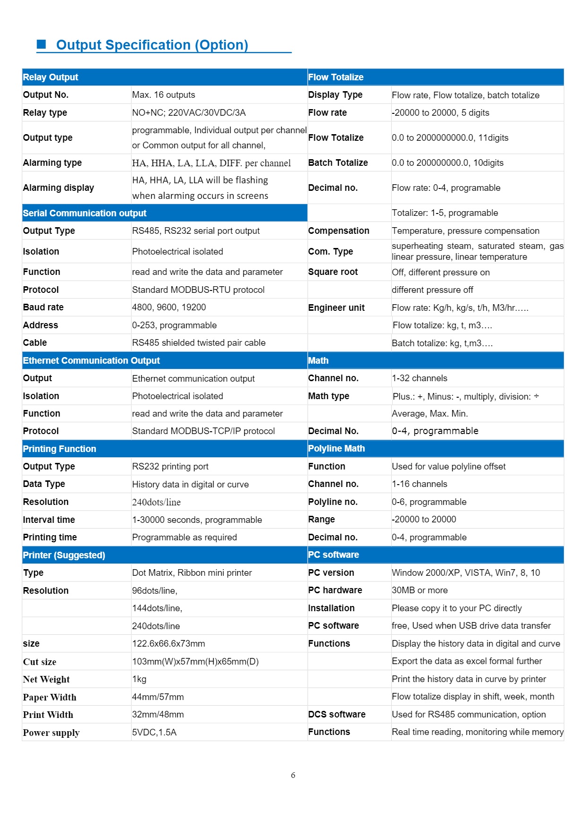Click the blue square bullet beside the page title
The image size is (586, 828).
click(42, 44)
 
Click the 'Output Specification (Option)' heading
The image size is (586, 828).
click(152, 45)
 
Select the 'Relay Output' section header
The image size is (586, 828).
click(51, 77)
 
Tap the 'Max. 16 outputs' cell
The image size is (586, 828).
click(164, 95)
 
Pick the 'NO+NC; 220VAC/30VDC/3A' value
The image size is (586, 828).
click(189, 112)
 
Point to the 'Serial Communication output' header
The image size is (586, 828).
click(85, 213)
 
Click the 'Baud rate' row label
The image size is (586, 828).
click(43, 307)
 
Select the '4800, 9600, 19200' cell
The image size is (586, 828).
click(169, 307)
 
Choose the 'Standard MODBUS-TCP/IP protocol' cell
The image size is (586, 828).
click(203, 431)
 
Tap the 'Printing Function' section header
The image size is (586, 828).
click(60, 449)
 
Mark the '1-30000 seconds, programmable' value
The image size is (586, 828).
click(197, 520)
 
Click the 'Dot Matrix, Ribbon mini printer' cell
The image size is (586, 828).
click(192, 573)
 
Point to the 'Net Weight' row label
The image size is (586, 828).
click(46, 679)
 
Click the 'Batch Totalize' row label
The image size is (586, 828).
click(338, 163)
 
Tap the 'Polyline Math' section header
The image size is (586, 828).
click(336, 449)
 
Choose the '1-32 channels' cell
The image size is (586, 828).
click(419, 378)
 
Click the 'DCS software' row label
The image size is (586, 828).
click(336, 715)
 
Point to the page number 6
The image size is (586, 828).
click(293, 775)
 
